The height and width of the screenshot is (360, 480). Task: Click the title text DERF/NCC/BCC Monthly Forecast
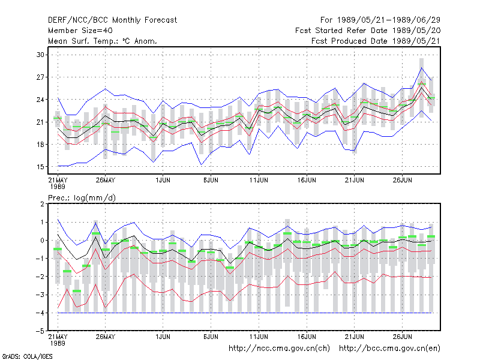coord(112,20)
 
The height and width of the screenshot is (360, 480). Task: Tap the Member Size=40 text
coord(80,31)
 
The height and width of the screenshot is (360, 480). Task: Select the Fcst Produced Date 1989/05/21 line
coord(376,41)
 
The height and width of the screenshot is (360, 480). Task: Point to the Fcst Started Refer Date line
coord(368,31)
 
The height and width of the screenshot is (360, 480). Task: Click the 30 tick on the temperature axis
coord(40,55)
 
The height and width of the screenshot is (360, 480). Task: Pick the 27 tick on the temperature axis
coord(40,77)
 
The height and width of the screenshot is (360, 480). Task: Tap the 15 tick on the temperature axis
coord(40,167)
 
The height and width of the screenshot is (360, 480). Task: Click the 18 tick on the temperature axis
coord(40,145)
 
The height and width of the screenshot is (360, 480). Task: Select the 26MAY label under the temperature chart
coord(106,181)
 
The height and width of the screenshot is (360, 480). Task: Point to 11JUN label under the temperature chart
coord(259,181)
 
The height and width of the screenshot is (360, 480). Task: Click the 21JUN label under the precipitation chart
coord(355,337)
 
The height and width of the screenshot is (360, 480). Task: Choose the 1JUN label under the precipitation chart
coord(163,337)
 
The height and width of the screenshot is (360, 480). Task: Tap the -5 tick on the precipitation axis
coord(40,331)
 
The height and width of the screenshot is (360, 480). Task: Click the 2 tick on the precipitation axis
coord(42,204)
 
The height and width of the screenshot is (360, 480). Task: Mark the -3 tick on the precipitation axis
coord(40,295)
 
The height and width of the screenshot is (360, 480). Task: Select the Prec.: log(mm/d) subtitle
coord(82,198)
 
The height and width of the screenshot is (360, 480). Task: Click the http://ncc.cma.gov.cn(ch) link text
coord(279,349)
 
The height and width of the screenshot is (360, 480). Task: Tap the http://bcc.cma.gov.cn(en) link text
coord(389,349)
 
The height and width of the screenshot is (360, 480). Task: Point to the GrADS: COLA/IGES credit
coord(27,356)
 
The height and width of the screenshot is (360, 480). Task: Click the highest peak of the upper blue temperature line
coord(422,68)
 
